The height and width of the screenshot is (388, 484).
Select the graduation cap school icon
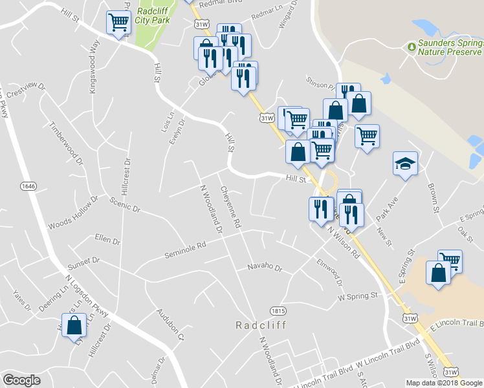tap(405, 163)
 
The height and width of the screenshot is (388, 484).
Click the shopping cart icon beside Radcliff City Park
tap(118, 23)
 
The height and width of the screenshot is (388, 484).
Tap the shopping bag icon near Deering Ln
tap(74, 325)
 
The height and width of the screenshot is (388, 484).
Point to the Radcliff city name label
tap(261, 324)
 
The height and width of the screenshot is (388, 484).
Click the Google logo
tap(22, 380)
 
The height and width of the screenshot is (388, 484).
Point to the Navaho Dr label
tap(265, 267)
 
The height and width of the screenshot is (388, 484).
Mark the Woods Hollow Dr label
tap(72, 213)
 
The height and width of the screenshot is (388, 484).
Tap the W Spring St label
tap(357, 296)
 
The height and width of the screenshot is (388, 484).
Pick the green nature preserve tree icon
tap(410, 47)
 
